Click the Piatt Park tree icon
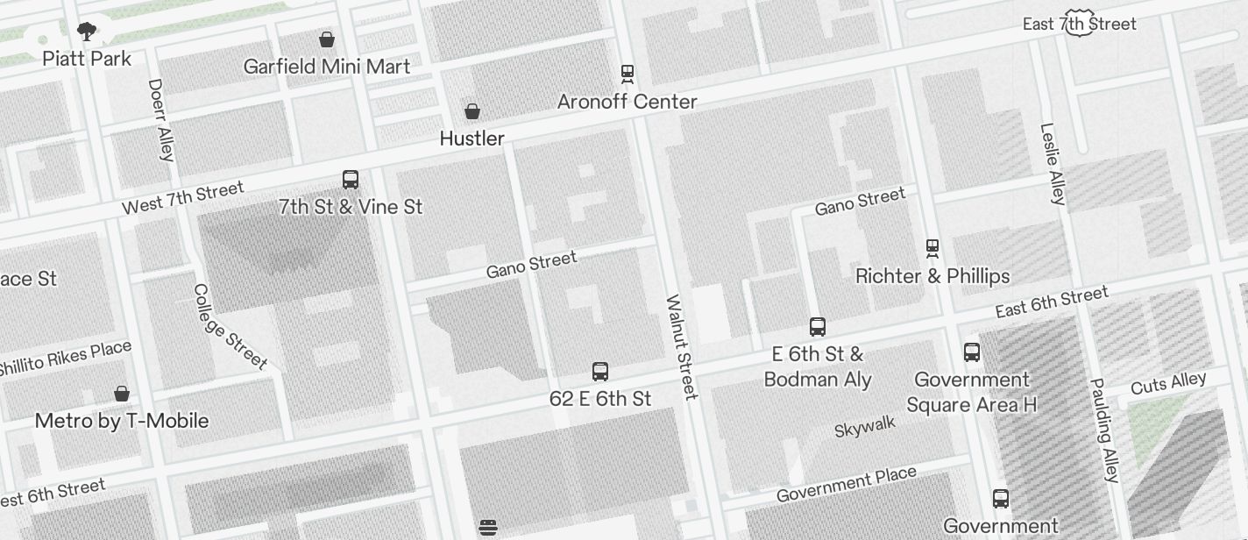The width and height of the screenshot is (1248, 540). click(x=87, y=33)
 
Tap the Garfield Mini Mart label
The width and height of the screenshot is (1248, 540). click(x=327, y=67)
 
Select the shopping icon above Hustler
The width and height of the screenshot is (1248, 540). click(x=472, y=111)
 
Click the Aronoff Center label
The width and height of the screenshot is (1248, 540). click(x=628, y=102)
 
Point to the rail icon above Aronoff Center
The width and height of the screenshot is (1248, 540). click(x=628, y=73)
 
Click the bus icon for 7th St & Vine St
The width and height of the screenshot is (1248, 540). click(x=351, y=180)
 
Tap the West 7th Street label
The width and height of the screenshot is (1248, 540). click(x=182, y=199)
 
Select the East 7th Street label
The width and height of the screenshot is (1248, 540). click(x=1079, y=25)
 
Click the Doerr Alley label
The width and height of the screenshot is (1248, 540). click(x=161, y=120)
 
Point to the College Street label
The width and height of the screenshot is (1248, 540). click(x=230, y=326)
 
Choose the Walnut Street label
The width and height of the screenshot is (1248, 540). click(x=681, y=347)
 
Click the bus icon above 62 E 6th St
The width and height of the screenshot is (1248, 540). click(x=600, y=372)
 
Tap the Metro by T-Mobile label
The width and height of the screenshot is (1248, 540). click(x=122, y=421)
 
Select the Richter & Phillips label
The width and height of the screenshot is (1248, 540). click(x=932, y=277)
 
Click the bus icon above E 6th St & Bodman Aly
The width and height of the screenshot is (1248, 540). click(x=818, y=327)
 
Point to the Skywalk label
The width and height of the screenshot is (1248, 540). click(x=865, y=427)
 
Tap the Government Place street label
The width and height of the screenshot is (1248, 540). click(x=846, y=485)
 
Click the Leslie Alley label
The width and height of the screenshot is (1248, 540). click(x=1053, y=164)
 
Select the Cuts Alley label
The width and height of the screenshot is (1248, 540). click(x=1168, y=383)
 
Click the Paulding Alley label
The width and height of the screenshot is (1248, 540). click(x=1104, y=430)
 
